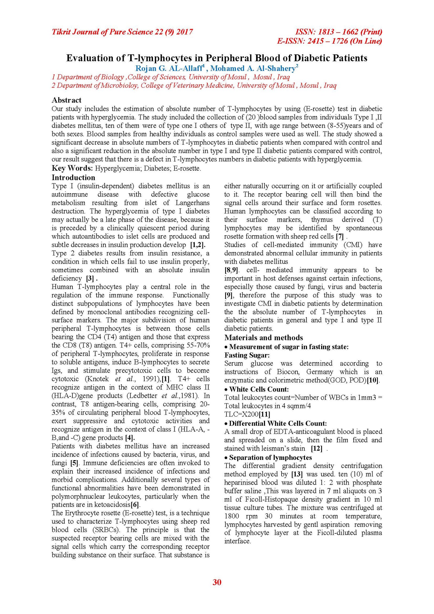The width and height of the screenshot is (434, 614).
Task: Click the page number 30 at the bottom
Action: [217, 582]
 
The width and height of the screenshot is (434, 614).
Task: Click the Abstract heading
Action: [66, 100]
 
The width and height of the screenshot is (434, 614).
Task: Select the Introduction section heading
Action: [73, 177]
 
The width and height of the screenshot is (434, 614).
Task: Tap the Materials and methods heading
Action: [263, 338]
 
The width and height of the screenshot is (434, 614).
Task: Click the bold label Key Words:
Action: [72, 168]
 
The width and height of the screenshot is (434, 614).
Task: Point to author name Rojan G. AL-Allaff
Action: [169, 68]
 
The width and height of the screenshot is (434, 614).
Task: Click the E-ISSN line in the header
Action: [329, 41]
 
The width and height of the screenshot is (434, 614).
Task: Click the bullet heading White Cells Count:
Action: [259, 389]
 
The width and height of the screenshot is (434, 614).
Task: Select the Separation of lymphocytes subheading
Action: [270, 457]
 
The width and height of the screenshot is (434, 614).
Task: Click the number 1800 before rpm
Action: [231, 516]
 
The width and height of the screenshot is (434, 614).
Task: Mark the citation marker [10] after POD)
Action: [373, 380]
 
